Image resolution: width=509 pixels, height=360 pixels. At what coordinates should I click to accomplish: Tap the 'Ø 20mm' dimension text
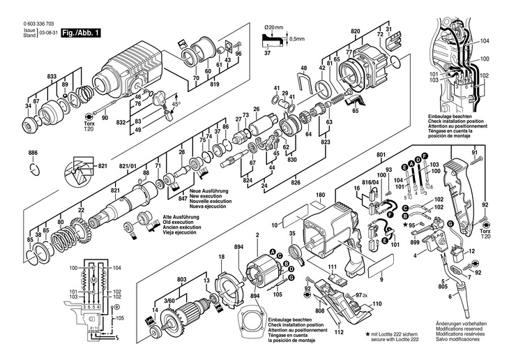click(275, 27)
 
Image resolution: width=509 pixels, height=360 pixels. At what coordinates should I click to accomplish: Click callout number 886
click(33, 152)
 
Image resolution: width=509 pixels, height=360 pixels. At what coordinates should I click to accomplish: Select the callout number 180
click(320, 195)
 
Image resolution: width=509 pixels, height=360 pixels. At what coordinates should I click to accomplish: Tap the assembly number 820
click(356, 32)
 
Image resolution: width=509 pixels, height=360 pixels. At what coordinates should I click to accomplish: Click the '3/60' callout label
click(170, 299)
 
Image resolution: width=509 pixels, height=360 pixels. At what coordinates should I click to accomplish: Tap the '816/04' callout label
click(374, 181)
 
